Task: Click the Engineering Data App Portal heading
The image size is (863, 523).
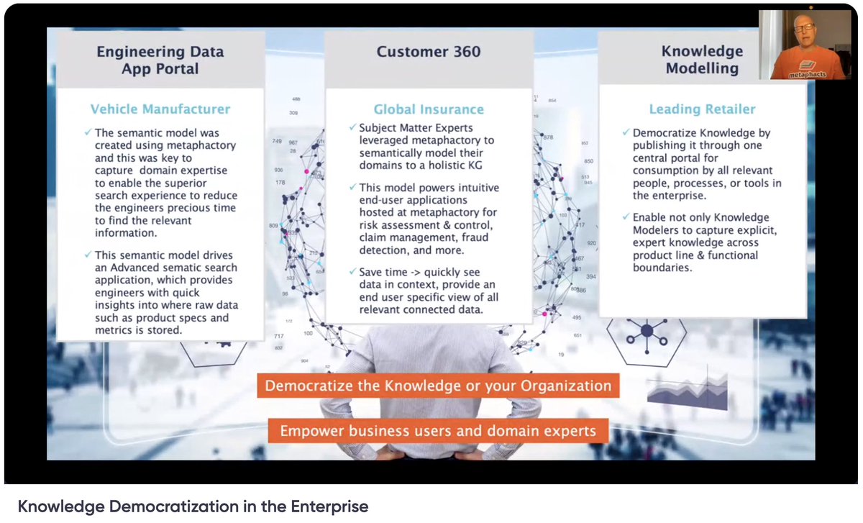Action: [160, 60]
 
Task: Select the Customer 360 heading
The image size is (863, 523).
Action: [429, 52]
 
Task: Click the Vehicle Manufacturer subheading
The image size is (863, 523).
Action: [160, 109]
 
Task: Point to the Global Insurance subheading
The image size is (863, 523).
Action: [429, 109]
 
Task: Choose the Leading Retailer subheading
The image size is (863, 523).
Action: [702, 109]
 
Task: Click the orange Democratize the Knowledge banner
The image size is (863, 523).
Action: [438, 386]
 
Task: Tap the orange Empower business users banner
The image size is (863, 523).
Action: [438, 431]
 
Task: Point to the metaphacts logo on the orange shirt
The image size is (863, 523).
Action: [805, 73]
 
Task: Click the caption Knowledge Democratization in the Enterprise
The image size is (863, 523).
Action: [193, 506]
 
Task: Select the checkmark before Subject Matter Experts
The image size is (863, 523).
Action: [352, 128]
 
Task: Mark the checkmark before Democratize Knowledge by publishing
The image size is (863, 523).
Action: [626, 133]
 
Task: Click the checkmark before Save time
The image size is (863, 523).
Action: [352, 272]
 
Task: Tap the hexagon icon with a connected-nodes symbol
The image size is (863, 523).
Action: [646, 332]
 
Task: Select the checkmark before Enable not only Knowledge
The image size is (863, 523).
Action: [626, 217]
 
